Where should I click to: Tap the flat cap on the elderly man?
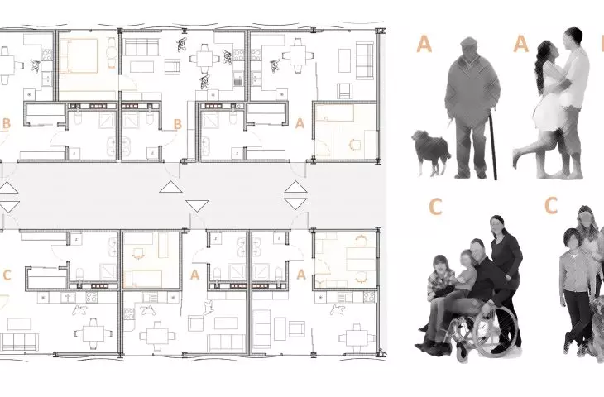pyautogui.click(x=468, y=42)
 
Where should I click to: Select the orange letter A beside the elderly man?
pyautogui.click(x=424, y=44)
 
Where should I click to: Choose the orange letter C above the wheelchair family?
pyautogui.click(x=435, y=207)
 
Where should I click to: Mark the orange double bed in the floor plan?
pyautogui.click(x=79, y=55)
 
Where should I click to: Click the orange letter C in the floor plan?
pyautogui.click(x=7, y=275)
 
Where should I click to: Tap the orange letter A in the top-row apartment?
pyautogui.click(x=300, y=123)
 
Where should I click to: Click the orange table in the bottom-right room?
pyautogui.click(x=361, y=259)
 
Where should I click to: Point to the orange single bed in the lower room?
pyautogui.click(x=142, y=279)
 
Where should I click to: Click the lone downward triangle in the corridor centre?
pyautogui.click(x=197, y=206)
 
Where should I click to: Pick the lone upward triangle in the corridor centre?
pyautogui.click(x=170, y=187)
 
